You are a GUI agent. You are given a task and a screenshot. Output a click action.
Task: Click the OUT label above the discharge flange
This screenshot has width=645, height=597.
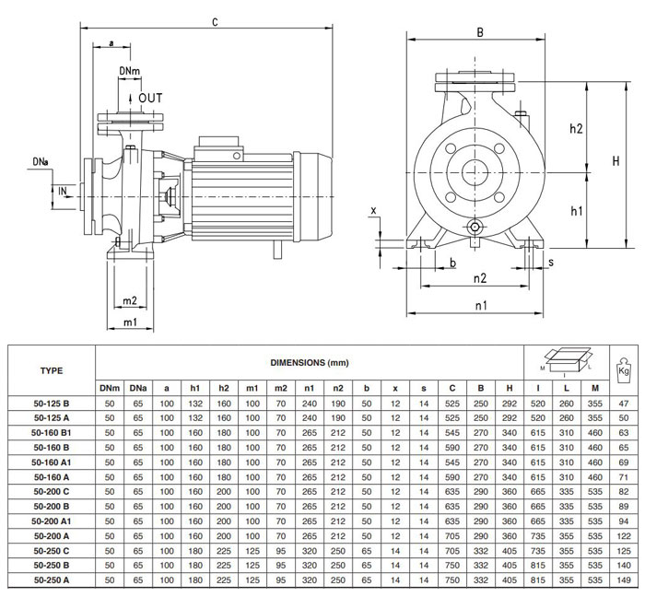tap(150, 99)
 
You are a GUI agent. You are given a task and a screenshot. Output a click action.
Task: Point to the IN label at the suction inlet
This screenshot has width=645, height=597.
tap(63, 192)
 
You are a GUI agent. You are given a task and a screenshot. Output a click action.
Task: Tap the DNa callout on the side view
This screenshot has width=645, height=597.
tap(41, 162)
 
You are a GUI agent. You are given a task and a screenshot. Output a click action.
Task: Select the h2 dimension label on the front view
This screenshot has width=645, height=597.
tap(576, 129)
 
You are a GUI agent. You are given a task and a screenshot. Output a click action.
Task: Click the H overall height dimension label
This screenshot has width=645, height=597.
tap(616, 160)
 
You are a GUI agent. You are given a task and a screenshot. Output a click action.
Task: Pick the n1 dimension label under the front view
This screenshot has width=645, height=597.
tap(481, 306)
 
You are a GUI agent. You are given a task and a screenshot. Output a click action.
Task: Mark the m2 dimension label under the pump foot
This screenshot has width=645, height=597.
tap(130, 301)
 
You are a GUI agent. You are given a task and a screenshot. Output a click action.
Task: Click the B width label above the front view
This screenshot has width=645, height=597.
tap(480, 32)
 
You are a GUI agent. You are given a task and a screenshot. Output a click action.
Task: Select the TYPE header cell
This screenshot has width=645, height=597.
tap(52, 371)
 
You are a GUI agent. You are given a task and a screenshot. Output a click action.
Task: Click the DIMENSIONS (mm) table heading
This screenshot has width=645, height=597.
tap(310, 363)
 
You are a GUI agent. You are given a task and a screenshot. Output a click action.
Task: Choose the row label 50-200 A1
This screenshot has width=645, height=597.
tap(52, 521)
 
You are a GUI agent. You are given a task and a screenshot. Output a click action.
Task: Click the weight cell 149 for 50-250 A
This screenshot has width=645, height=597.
tap(624, 580)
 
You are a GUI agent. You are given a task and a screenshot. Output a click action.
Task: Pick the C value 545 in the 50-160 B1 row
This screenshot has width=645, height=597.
tap(452, 432)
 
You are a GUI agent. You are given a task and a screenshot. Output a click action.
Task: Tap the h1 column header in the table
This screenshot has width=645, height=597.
tap(195, 388)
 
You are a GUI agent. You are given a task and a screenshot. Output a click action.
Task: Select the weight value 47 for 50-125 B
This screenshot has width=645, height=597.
tap(624, 404)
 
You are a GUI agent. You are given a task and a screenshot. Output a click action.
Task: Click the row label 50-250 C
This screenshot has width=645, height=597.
tap(52, 551)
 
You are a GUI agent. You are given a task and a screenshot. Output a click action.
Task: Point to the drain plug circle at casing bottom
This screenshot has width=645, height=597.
tap(475, 227)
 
